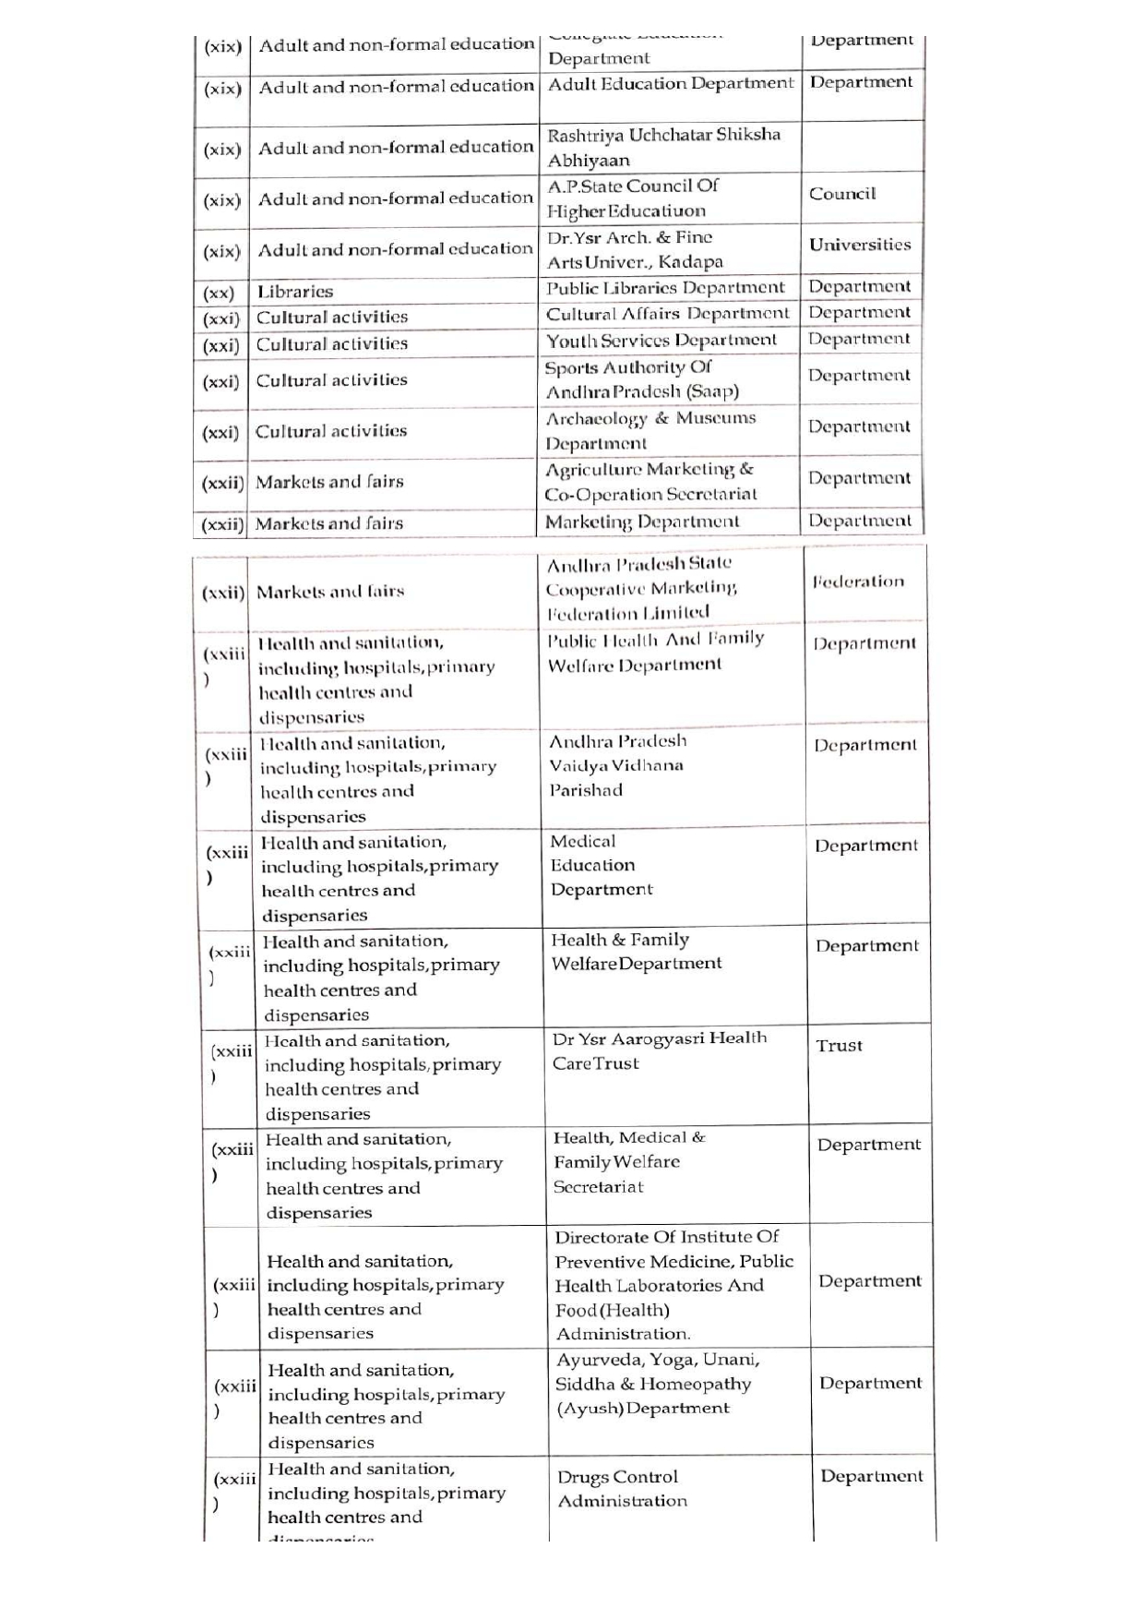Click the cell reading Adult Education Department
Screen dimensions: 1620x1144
click(x=670, y=84)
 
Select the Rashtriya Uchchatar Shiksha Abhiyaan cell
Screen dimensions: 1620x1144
click(x=663, y=147)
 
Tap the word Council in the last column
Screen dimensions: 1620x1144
click(x=842, y=194)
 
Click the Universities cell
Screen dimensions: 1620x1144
click(x=860, y=245)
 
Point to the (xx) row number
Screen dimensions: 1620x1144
click(x=219, y=294)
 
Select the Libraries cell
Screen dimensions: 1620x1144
click(x=295, y=292)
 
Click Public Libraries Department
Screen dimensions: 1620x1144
click(x=665, y=288)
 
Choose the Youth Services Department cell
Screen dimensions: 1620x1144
click(x=661, y=340)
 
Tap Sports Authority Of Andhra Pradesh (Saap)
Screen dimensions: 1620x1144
click(x=641, y=379)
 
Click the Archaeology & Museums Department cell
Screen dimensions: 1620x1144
click(x=649, y=430)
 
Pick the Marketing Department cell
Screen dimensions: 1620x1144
click(x=641, y=522)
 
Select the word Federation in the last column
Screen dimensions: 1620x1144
click(x=858, y=582)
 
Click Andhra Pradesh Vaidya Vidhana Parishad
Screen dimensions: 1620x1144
click(x=617, y=765)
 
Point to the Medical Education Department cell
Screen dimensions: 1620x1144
click(x=601, y=865)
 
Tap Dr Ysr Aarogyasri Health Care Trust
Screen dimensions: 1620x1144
click(x=659, y=1050)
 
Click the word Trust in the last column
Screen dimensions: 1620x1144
click(x=839, y=1046)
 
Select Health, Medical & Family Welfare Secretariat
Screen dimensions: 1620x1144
click(x=629, y=1162)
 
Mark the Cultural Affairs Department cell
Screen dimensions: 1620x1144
click(x=667, y=314)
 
